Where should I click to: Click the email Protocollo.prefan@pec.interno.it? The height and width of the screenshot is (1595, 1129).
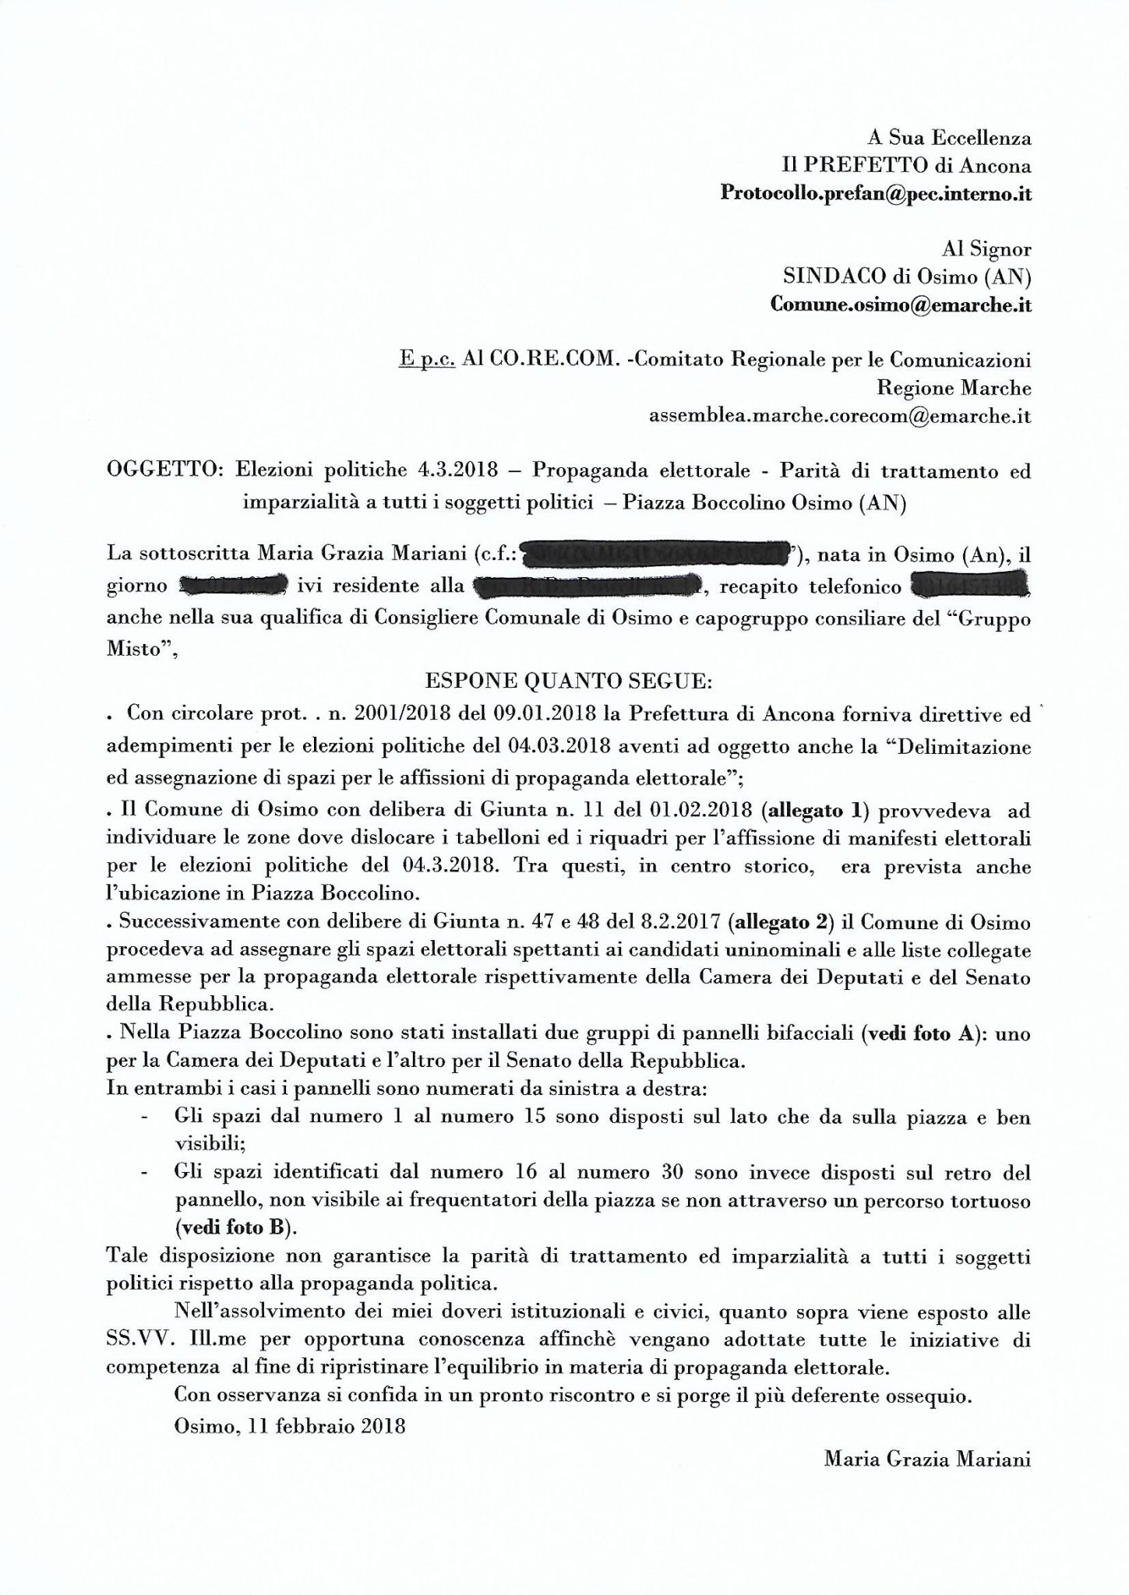[875, 194]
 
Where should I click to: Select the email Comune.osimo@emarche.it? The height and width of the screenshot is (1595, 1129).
[900, 305]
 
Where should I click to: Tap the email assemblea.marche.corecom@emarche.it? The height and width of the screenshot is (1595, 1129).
[840, 417]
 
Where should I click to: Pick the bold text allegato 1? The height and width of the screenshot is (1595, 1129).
[813, 812]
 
